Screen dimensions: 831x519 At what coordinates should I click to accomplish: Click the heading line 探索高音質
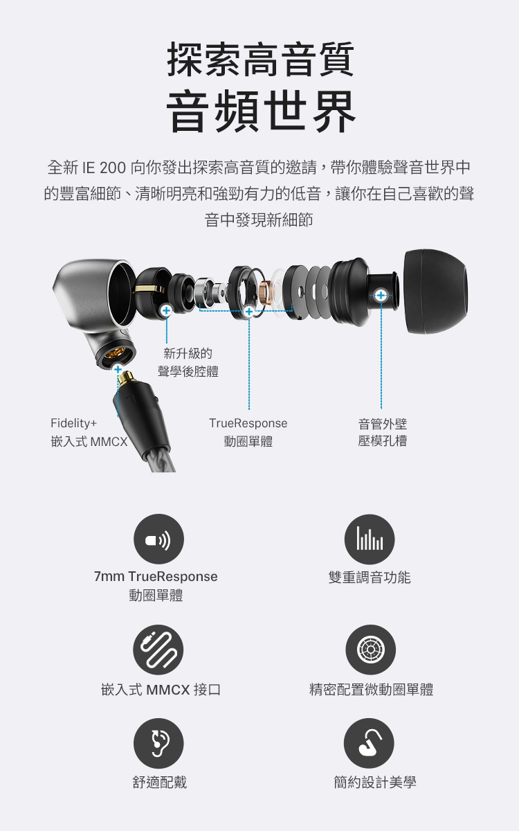point(260,60)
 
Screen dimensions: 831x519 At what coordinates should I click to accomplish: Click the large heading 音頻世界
point(260,111)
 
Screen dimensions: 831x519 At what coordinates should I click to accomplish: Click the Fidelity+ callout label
point(74,422)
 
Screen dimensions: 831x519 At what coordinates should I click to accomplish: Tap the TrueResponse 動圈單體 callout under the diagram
point(248,431)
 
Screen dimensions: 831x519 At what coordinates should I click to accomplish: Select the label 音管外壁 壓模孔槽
point(383,431)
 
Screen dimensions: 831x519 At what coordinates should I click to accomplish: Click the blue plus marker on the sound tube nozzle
point(381,296)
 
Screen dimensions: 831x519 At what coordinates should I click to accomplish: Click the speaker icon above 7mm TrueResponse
point(158,539)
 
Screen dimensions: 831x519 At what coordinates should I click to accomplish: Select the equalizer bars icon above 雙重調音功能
point(370,539)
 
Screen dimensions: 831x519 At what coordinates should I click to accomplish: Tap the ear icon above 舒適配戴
point(158,743)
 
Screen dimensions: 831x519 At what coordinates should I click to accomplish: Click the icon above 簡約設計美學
point(370,743)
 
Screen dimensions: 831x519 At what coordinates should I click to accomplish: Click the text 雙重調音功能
point(370,577)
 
